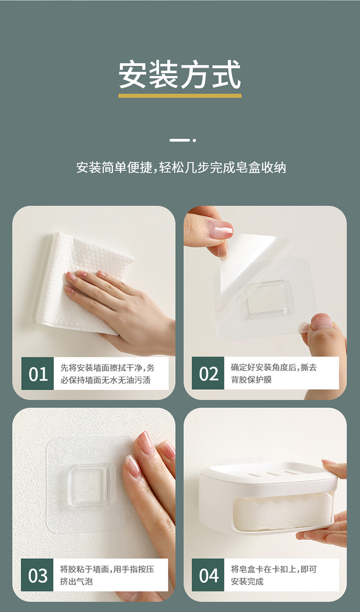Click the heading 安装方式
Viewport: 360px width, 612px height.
tap(180, 74)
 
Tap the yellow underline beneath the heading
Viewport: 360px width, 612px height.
tap(180, 96)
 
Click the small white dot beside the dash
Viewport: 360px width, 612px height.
tap(194, 140)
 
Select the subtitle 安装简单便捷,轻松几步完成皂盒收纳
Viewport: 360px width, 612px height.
tap(181, 168)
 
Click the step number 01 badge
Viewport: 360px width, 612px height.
tap(38, 373)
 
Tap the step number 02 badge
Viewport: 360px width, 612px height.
tap(208, 373)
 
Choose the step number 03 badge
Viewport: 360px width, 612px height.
tap(37, 576)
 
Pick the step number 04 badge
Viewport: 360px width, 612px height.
tap(208, 576)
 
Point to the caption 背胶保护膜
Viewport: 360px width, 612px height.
tap(252, 380)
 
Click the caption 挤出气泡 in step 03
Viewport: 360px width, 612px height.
tap(76, 582)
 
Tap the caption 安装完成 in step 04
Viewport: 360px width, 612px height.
tap(247, 582)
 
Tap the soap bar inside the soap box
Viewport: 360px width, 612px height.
tap(283, 514)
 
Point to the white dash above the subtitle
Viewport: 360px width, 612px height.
tap(180, 140)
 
